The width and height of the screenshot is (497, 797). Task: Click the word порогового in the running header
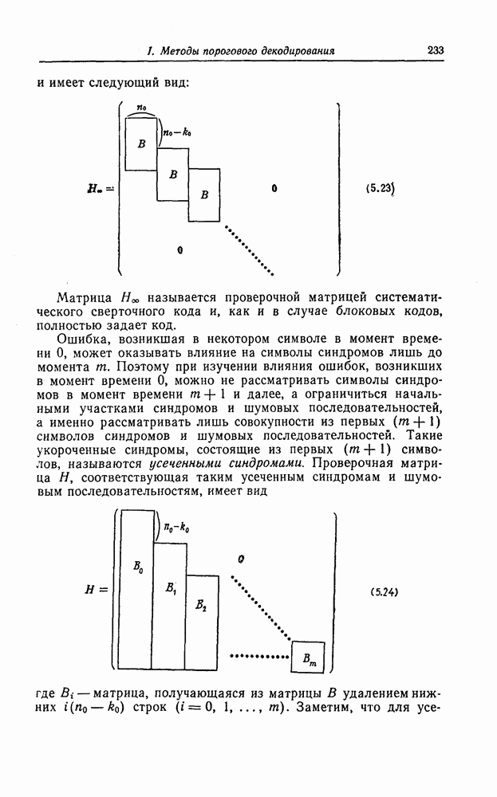click(233, 51)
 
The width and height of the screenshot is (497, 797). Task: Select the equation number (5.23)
click(381, 190)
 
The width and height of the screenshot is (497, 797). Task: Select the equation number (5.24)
click(385, 592)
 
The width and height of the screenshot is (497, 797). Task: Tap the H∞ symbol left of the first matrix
click(101, 190)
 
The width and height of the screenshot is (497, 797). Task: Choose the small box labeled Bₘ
click(308, 658)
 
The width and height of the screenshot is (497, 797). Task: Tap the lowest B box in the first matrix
click(203, 194)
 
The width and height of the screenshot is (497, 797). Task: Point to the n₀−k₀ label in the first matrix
click(176, 134)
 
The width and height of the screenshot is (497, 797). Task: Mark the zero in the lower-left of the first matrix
click(180, 249)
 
